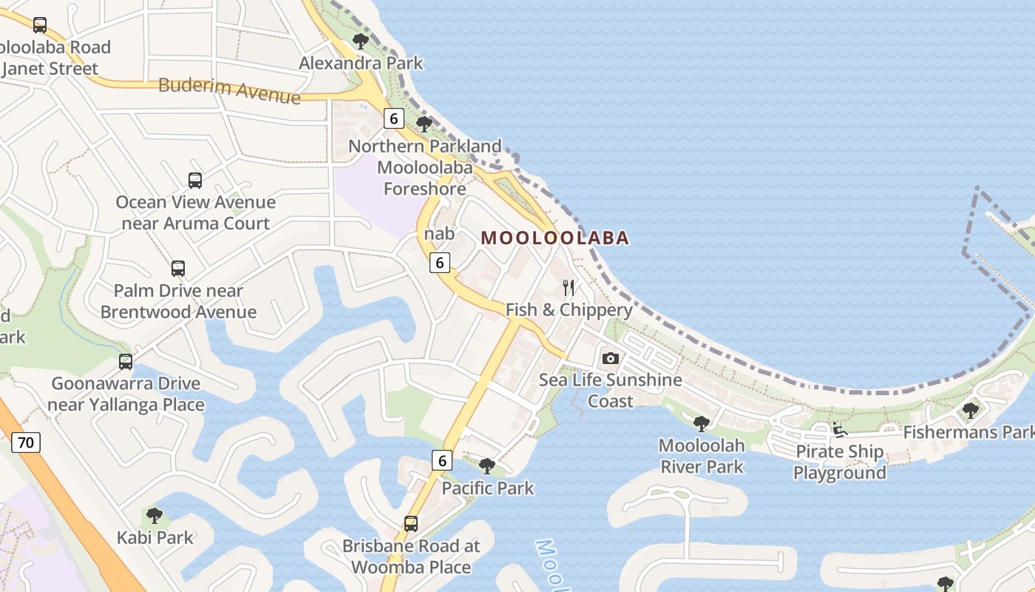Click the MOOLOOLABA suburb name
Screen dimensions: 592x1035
click(554, 238)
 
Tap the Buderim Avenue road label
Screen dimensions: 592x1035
click(229, 90)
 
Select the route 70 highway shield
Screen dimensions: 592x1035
click(26, 443)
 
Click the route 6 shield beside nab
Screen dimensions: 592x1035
click(440, 262)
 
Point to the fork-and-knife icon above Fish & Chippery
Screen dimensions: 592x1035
click(568, 287)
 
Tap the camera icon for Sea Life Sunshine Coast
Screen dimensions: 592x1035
click(610, 359)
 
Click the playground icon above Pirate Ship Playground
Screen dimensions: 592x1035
click(839, 429)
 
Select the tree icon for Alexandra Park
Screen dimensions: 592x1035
click(360, 41)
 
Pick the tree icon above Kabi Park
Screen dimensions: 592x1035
click(154, 515)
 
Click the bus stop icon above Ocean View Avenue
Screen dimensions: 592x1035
click(194, 180)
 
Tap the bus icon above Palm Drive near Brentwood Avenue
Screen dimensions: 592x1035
click(178, 268)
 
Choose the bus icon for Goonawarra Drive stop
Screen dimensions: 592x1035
click(126, 362)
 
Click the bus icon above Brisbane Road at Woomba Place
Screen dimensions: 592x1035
click(410, 524)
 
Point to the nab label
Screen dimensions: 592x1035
click(439, 234)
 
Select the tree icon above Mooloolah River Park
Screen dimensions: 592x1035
click(701, 424)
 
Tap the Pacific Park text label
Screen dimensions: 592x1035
click(488, 488)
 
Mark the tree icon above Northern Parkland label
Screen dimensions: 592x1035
click(424, 124)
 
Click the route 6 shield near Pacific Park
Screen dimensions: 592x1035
click(441, 460)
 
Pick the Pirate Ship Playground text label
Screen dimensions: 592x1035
click(839, 462)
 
